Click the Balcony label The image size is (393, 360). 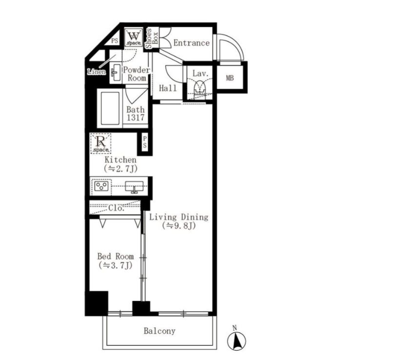tap(159, 331)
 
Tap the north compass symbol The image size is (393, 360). tap(236, 340)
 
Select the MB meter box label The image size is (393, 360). tap(230, 78)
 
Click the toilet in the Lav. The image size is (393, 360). tap(200, 87)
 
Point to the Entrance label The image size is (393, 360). tap(192, 43)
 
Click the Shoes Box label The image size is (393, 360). tap(152, 39)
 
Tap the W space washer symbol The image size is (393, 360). tap(133, 38)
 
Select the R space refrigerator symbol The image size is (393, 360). tap(100, 143)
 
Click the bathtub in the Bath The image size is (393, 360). tap(110, 108)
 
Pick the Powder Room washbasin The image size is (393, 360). tap(116, 73)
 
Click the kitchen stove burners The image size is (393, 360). tap(101, 186)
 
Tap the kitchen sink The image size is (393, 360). tap(135, 187)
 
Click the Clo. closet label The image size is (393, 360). tap(117, 208)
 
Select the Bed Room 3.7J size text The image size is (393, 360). tap(116, 265)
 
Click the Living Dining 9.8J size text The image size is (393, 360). tap(179, 226)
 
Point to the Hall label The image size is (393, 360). tap(168, 88)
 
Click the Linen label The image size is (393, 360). tap(97, 72)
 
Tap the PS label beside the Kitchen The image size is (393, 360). tap(145, 142)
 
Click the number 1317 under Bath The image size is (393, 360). tap(136, 118)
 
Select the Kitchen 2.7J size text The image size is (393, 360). tap(120, 169)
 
